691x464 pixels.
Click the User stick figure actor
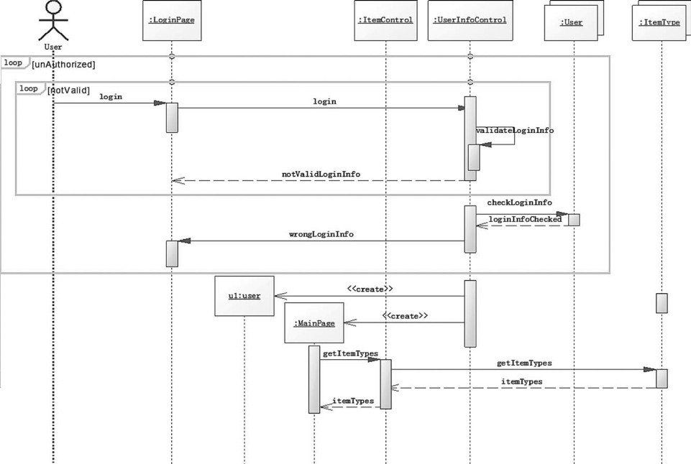53,22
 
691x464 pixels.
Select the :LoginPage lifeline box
171,21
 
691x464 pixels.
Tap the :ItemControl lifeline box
385,20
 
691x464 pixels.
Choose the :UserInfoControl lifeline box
470,20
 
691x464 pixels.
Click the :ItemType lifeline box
660,22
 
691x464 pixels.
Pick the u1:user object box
244,295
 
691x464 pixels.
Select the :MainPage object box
314,323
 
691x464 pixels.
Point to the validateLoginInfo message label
515,131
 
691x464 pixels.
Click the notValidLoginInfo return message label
321,174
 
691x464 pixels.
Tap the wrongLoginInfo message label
321,234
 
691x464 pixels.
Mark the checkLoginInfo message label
519,203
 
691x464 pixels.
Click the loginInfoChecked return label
525,218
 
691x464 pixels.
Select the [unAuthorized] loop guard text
63,64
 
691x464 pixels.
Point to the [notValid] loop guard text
68,90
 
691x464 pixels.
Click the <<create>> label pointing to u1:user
370,289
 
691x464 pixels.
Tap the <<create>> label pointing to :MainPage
405,315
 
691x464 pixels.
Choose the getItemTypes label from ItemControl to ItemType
524,363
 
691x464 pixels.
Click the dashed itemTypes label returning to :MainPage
352,401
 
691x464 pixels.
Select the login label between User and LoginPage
111,96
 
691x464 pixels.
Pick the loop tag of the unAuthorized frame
13,63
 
